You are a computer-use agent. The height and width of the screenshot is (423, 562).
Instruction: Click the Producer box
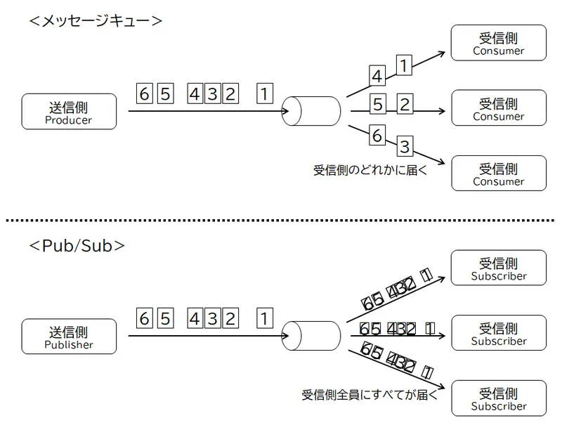pyautogui.click(x=68, y=112)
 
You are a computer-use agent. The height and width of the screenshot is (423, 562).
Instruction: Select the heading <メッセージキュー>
pyautogui.click(x=96, y=20)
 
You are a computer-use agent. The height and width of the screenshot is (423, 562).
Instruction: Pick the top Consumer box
pyautogui.click(x=498, y=43)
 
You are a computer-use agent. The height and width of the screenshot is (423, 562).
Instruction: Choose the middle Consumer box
pyautogui.click(x=498, y=108)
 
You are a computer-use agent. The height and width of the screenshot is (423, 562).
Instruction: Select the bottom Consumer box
pyautogui.click(x=498, y=174)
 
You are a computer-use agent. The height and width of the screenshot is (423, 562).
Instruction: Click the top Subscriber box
pyautogui.click(x=498, y=268)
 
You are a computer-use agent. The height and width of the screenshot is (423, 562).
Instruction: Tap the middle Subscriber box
pyautogui.click(x=498, y=333)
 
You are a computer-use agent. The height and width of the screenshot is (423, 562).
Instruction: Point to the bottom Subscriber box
pyautogui.click(x=498, y=398)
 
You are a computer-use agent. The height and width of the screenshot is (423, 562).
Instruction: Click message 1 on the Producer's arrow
pyautogui.click(x=264, y=93)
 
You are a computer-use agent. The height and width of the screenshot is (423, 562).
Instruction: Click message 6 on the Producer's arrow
pyautogui.click(x=145, y=93)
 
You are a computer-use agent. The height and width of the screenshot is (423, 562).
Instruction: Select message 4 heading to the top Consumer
pyautogui.click(x=377, y=76)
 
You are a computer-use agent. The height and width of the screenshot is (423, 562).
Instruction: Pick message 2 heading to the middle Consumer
pyautogui.click(x=404, y=105)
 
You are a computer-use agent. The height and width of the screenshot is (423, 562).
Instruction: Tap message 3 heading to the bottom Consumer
pyautogui.click(x=405, y=147)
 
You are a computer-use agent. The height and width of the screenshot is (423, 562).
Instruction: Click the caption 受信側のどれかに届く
pyautogui.click(x=370, y=169)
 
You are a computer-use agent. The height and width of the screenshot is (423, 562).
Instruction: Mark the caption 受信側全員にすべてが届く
pyautogui.click(x=370, y=394)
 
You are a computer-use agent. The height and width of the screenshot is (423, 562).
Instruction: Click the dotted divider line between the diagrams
pyautogui.click(x=281, y=220)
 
